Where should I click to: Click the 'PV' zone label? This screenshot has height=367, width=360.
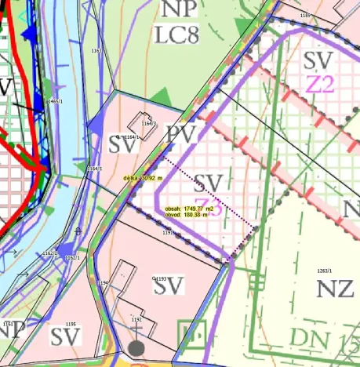tap(181, 135)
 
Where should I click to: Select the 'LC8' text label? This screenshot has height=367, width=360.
tap(178, 35)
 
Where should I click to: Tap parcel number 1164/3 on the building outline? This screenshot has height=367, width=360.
tap(149, 123)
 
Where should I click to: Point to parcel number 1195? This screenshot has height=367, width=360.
tap(71, 324)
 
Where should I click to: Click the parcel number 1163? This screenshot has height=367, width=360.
tap(96, 51)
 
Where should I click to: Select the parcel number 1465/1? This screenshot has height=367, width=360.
tap(55, 102)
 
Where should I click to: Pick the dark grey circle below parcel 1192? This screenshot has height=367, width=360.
tap(136, 347)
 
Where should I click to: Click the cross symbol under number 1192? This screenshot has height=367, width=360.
tap(136, 331)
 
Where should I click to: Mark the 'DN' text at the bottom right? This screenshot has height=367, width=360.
tap(292, 338)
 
